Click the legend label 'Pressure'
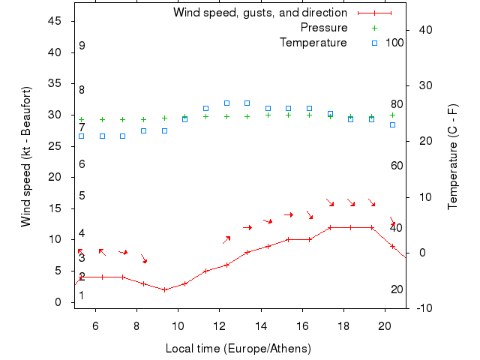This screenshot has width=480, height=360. click(324, 28)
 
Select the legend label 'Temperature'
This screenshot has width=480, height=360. click(313, 43)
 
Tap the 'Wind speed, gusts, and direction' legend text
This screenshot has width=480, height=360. click(260, 13)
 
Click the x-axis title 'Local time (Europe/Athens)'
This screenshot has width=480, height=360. click(238, 349)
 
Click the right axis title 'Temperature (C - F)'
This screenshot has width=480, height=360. click(454, 157)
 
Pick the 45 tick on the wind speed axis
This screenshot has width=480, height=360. click(55, 21)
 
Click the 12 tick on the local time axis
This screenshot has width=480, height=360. click(219, 325)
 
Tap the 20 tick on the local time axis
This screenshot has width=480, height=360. click(385, 325)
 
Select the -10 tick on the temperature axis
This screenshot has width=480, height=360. click(421, 308)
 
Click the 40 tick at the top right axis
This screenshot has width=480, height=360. click(424, 30)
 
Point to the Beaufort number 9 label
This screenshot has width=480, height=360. click(82, 46)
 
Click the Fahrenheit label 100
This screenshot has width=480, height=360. click(394, 43)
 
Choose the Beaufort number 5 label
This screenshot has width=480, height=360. click(82, 196)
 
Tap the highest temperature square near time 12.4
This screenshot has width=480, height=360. click(226, 103)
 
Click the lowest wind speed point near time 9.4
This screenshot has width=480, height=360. click(164, 289)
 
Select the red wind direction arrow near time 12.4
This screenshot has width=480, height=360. click(226, 239)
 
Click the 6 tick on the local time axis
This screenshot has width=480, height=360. click(95, 325)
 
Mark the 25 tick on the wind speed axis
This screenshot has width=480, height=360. click(55, 146)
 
